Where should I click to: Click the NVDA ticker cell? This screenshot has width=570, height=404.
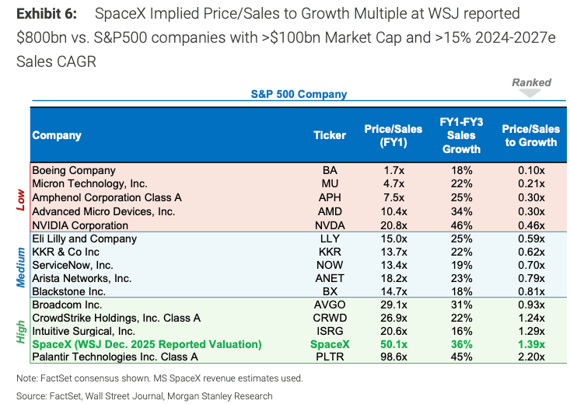(x=330, y=225)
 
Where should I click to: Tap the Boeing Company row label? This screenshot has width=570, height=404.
(x=74, y=170)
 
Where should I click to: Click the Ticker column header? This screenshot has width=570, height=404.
(x=330, y=135)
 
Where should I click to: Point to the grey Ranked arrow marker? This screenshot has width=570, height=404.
(x=531, y=92)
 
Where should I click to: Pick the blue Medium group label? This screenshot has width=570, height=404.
(x=21, y=266)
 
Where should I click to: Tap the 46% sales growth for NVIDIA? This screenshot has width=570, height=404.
(x=461, y=225)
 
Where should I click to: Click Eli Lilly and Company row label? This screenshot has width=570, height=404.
(x=85, y=238)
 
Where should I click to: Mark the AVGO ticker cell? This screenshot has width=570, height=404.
(x=330, y=306)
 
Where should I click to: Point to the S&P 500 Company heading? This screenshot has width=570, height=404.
(x=299, y=94)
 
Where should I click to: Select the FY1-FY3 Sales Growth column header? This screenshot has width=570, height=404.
(x=461, y=135)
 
